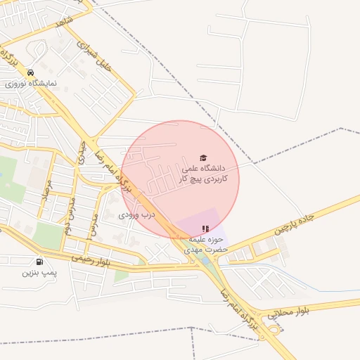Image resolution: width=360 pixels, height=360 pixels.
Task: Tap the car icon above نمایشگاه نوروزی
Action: coord(30,73)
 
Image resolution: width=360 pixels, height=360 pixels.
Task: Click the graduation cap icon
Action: coord(203,158)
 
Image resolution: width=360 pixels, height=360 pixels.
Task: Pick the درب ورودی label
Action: coord(136,214)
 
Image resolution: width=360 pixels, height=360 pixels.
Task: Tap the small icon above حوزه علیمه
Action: coord(205,229)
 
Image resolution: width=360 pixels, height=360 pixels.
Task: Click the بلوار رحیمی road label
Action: coord(91,262)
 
